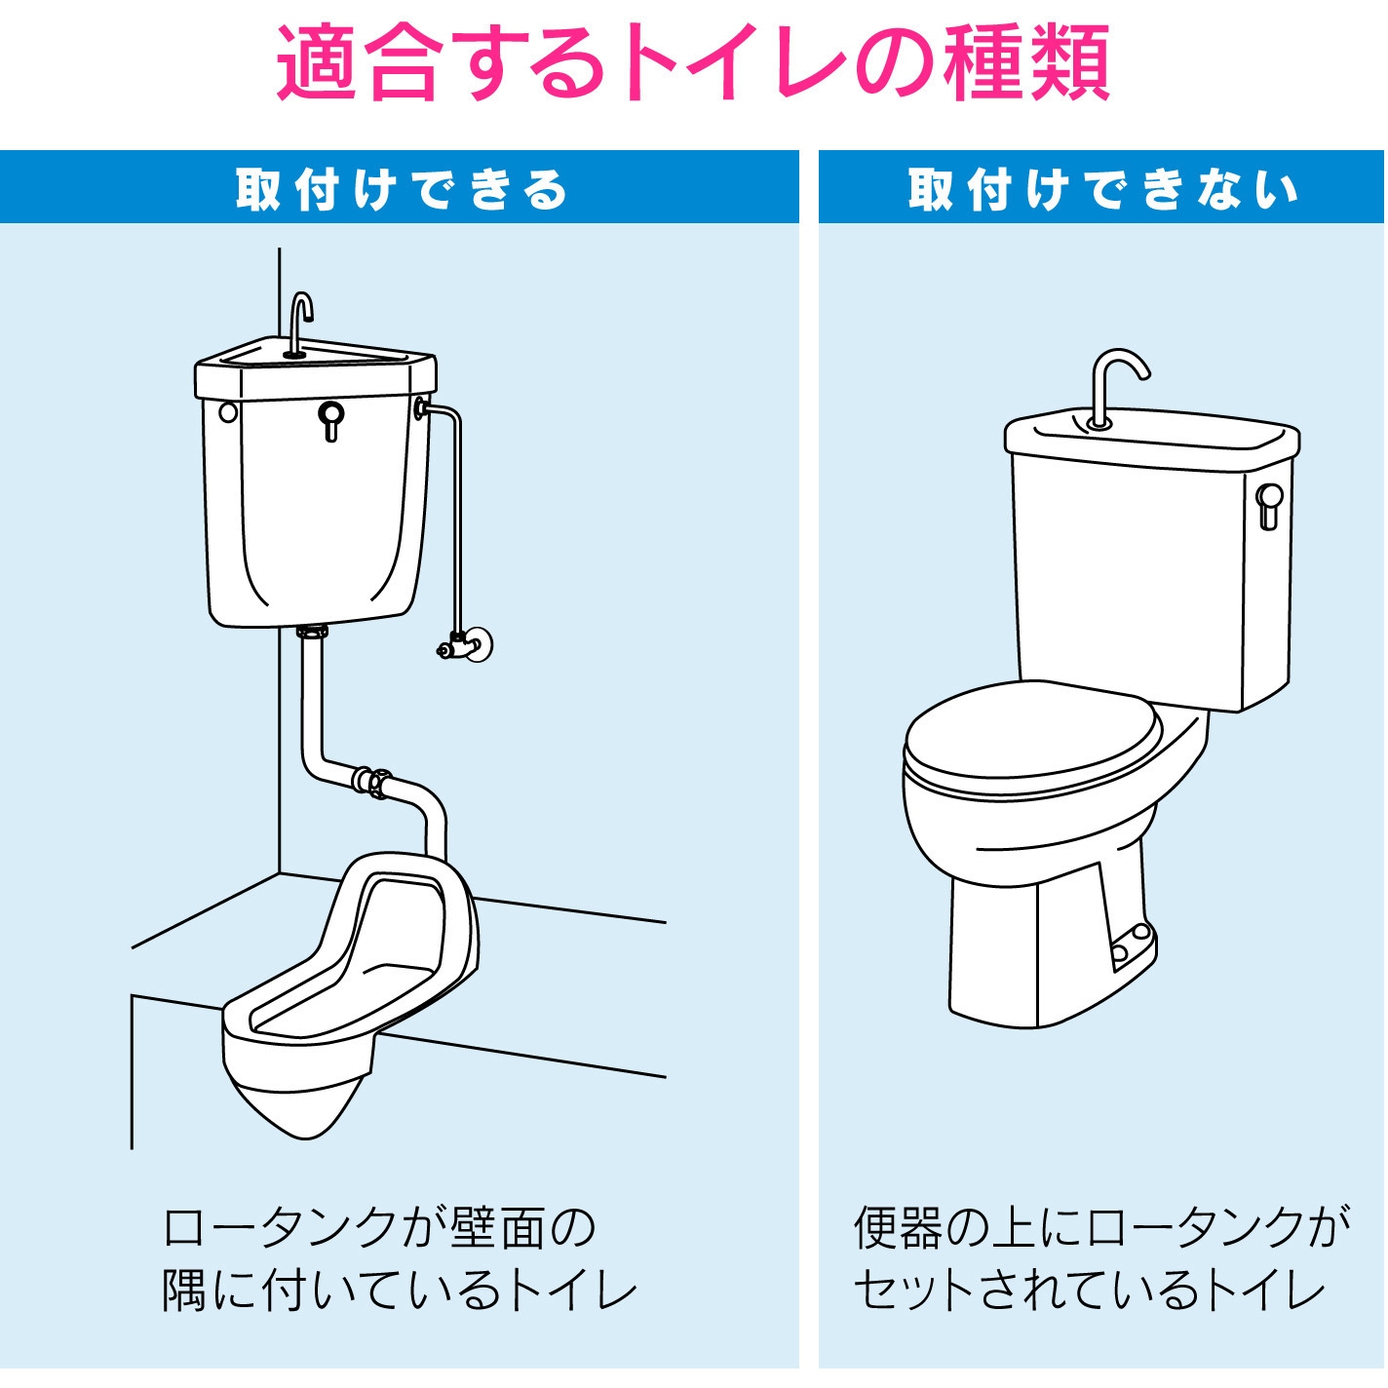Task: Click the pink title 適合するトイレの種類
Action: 693,63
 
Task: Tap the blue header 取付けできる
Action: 401,189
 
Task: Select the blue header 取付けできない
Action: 1102,189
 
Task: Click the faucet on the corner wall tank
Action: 299,322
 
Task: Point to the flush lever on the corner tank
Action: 331,420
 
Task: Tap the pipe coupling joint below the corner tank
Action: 371,782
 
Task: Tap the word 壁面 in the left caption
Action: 498,1228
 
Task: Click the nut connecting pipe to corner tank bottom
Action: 312,633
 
